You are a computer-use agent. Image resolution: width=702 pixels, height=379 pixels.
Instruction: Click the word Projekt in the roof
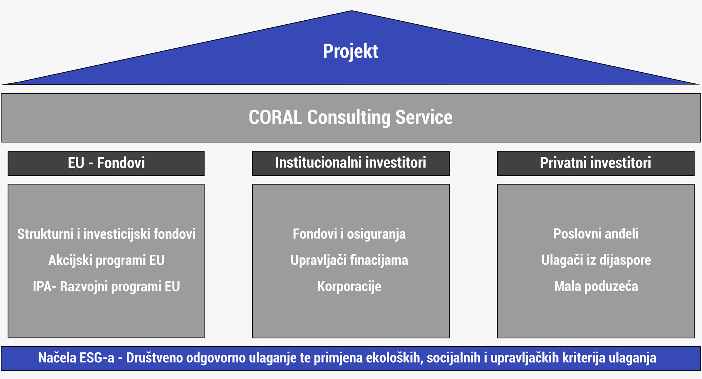[x=350, y=52]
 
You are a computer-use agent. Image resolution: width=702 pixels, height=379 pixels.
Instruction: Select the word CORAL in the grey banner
[x=275, y=117]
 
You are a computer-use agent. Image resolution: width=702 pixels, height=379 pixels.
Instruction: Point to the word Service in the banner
[x=424, y=117]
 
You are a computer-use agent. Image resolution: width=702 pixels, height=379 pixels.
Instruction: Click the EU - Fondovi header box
[x=106, y=163]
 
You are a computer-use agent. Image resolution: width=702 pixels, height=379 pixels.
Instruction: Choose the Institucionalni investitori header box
[x=351, y=163]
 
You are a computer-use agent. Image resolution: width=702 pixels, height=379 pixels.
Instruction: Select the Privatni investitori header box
[x=596, y=163]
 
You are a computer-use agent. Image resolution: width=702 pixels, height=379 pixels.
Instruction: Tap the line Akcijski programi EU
[x=106, y=261]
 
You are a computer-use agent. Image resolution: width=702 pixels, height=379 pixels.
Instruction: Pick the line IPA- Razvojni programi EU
[x=106, y=287]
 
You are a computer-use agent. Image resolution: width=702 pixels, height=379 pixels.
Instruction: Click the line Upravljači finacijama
[x=349, y=261]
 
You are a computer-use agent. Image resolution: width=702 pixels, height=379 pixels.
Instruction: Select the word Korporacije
[x=349, y=287]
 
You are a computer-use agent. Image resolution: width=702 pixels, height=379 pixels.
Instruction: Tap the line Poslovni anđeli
[x=596, y=234]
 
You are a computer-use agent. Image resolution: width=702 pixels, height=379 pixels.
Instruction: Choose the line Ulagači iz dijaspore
[x=596, y=261]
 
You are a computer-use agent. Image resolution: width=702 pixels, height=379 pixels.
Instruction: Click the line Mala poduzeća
[x=596, y=287]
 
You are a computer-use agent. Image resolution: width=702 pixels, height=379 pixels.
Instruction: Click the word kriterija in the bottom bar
[x=584, y=358]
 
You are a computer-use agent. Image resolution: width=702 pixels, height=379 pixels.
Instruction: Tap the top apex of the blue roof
[x=351, y=11]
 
